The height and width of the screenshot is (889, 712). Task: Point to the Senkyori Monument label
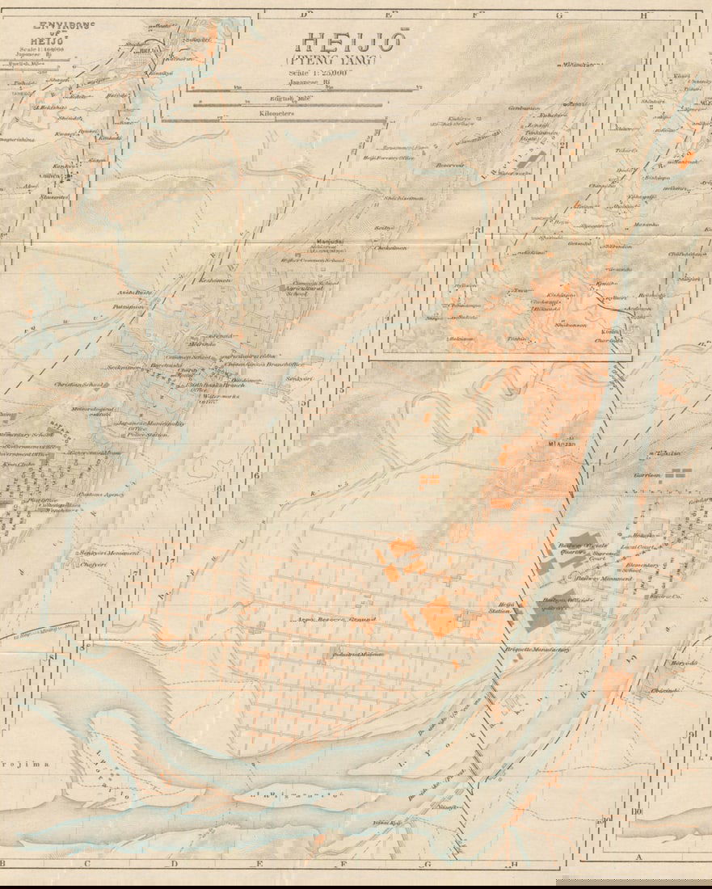click(x=109, y=553)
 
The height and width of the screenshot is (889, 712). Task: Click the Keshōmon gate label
click(x=218, y=280)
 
